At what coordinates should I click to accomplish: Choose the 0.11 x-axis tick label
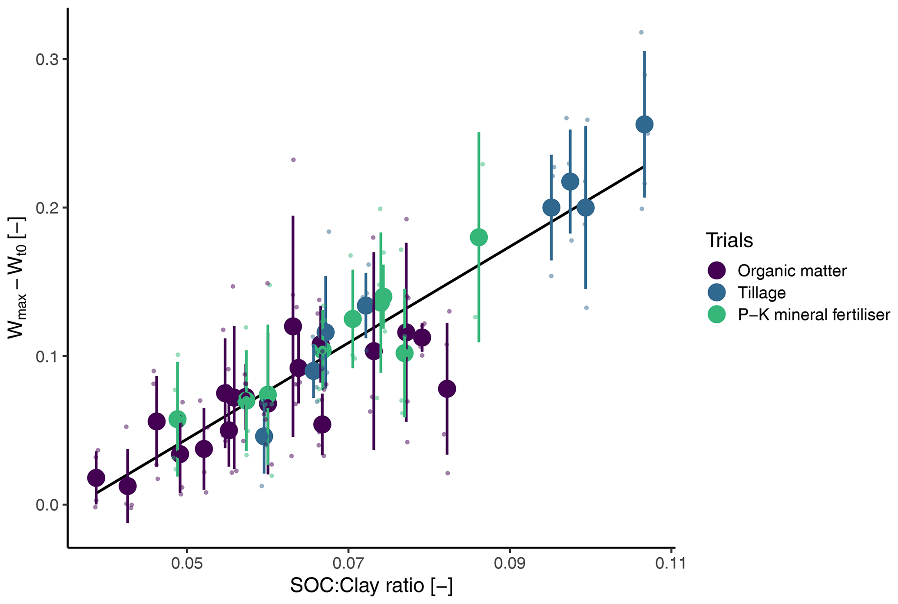point(671,563)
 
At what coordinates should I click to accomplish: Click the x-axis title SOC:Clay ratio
point(371,585)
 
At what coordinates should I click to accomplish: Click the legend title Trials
point(729,240)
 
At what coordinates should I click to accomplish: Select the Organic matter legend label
point(792,271)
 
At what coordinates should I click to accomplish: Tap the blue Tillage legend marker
point(716,292)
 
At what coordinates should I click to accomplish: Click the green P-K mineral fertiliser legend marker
point(716,315)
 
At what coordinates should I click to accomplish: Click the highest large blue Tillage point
point(644,124)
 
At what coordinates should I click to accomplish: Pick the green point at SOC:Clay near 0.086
point(479,237)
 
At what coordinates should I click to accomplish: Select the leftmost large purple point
point(96,478)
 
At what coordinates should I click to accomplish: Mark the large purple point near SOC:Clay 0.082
point(447,388)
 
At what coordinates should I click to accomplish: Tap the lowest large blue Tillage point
point(264,436)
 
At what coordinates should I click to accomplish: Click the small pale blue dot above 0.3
point(641,33)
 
